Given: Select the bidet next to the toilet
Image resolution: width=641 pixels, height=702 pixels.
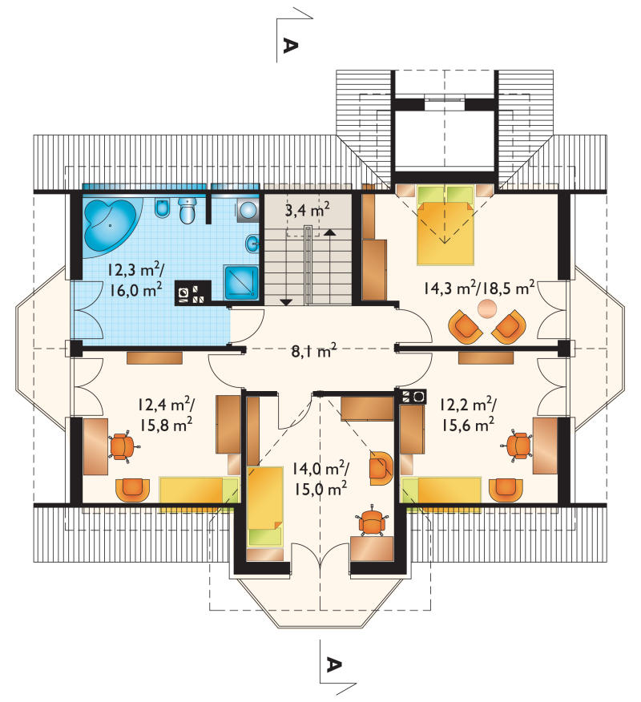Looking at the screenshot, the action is click(162, 208).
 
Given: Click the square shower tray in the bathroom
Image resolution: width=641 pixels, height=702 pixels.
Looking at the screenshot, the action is click(242, 283).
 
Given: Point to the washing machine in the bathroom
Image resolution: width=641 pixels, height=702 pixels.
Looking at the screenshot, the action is click(248, 209).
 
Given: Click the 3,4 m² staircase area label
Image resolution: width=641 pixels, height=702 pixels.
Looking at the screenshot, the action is click(308, 209).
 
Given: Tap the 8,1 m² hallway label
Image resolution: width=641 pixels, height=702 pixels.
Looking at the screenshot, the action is click(314, 350).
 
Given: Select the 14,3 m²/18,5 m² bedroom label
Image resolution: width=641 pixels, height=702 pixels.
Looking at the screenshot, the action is click(479, 288).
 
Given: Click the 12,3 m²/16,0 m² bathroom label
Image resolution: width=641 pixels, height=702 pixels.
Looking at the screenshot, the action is click(135, 280).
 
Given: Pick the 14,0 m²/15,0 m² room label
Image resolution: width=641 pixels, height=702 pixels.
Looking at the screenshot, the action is click(320, 479).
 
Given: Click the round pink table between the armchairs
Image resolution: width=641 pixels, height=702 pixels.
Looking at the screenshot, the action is click(487, 309).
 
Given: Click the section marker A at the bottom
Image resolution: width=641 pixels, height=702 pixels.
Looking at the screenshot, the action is click(333, 664).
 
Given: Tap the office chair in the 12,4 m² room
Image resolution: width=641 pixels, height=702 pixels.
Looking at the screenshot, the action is click(123, 446).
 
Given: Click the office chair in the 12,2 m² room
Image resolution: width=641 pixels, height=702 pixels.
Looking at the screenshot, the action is click(517, 446).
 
